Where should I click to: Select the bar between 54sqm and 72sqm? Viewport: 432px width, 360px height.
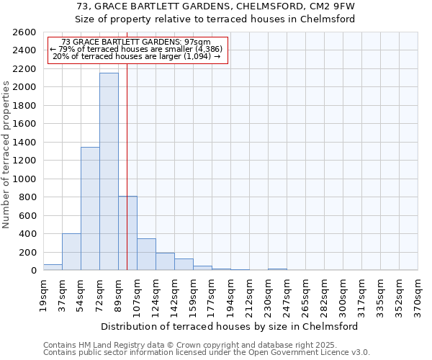tap(90, 209)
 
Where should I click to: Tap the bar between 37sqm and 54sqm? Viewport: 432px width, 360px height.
tap(71, 252)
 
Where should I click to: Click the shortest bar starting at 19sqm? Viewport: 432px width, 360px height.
tap(53, 267)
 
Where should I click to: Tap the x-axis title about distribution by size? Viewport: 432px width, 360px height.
tap(229, 326)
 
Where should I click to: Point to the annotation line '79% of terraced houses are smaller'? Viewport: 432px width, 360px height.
tap(136, 49)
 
